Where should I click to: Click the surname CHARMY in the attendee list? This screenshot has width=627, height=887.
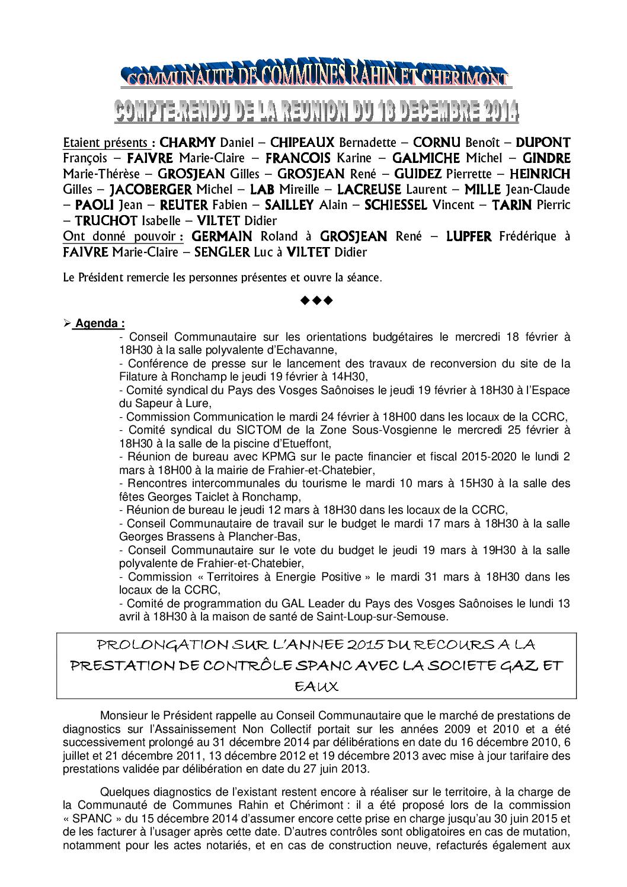coord(188,143)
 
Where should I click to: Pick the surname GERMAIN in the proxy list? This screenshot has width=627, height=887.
coord(225,236)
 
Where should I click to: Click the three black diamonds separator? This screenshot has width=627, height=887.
coord(316,300)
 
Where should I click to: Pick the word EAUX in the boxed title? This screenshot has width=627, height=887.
coord(316,687)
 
